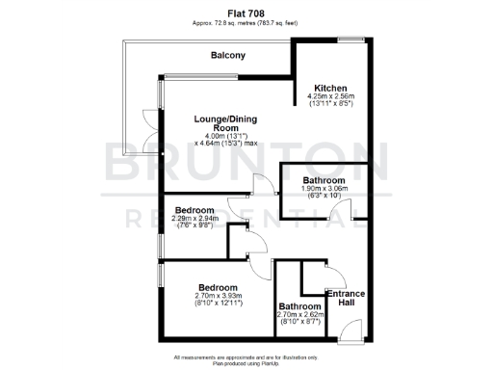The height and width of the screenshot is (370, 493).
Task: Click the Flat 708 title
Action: pyautogui.click(x=246, y=13)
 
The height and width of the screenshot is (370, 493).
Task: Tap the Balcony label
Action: pyautogui.click(x=228, y=56)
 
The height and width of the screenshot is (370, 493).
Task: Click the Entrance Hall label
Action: pyautogui.click(x=344, y=299)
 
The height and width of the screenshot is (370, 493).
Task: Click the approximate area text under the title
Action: pyautogui.click(x=246, y=22)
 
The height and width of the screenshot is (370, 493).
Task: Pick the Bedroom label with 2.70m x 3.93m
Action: pyautogui.click(x=218, y=287)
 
